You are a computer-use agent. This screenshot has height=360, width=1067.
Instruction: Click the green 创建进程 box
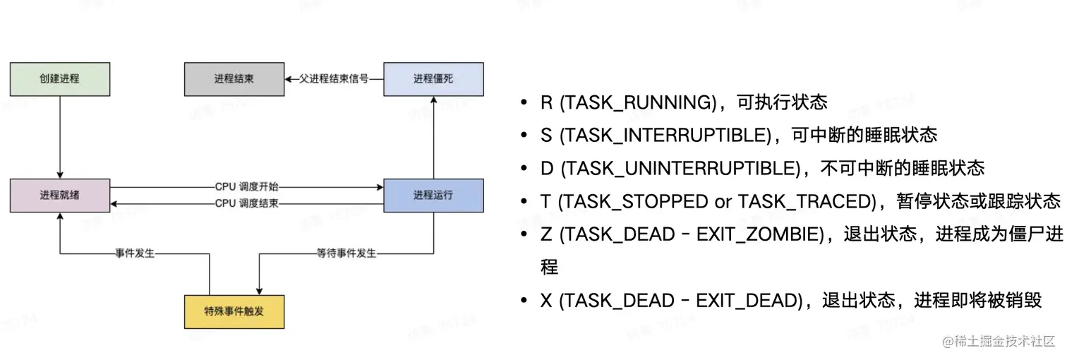[59, 79]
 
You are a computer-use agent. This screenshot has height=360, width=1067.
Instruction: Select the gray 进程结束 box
[234, 79]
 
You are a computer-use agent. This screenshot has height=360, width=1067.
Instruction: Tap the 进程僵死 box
[433, 79]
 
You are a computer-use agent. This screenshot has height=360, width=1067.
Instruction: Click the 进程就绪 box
[59, 196]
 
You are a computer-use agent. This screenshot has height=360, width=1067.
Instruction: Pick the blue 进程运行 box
[433, 196]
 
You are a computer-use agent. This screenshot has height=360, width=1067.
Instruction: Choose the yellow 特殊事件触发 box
[234, 311]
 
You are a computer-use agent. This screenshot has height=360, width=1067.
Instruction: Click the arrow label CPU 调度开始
[247, 187]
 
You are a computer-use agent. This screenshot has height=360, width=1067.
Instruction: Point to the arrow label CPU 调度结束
[247, 204]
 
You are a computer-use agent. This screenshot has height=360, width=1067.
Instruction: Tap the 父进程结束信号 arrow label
[334, 79]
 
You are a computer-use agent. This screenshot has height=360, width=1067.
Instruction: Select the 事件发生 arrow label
[135, 253]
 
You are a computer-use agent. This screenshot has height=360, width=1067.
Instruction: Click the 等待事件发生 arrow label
[346, 253]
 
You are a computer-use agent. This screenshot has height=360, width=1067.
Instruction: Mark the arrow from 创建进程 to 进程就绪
[60, 137]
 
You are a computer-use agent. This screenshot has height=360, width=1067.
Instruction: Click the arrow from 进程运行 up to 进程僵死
[433, 137]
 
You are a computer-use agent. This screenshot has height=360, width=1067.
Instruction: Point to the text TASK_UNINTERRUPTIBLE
[682, 169]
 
